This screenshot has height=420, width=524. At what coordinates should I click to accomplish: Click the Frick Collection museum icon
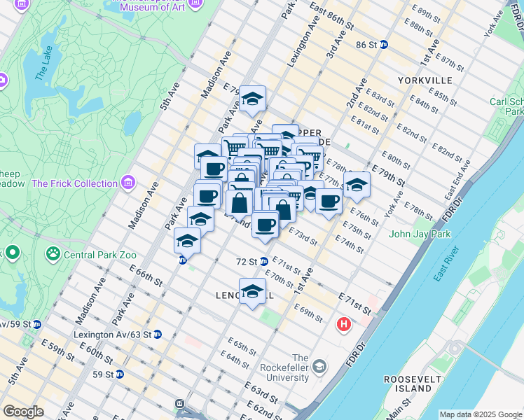point(127,183)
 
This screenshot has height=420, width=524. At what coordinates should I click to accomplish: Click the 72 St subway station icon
point(263,262)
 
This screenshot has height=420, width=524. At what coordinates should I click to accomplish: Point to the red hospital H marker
point(343,325)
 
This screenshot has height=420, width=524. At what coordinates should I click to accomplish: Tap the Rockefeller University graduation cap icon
point(319,367)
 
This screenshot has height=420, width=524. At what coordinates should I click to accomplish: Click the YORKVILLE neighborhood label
point(425,80)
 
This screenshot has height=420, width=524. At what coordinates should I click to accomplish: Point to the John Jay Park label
point(420,234)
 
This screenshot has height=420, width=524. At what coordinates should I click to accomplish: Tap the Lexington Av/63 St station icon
point(158,335)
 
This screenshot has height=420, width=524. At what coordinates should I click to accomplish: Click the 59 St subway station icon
point(119,374)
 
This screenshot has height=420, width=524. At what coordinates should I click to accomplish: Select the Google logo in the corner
point(23,411)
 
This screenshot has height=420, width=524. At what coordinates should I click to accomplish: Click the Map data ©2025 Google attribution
point(480,414)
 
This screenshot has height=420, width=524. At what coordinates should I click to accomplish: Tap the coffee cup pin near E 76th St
point(328,202)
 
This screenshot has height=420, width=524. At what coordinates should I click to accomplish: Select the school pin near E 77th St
point(357,185)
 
